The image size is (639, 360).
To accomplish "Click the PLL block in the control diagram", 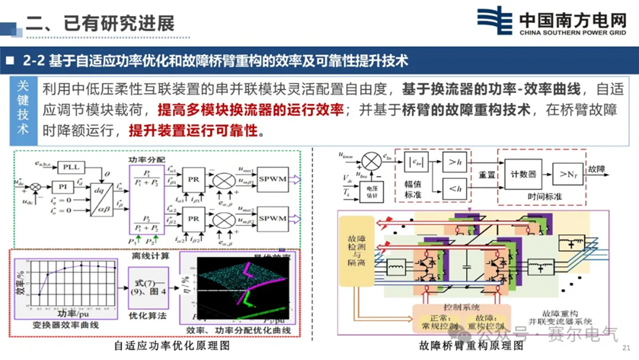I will pos(70,167).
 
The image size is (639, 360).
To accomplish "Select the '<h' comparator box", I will pos(456,189).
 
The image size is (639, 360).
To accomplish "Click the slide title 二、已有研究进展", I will pos(100,22).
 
